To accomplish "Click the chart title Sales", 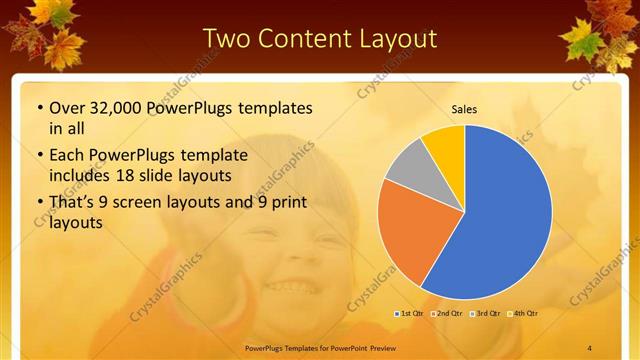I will tap(464, 108).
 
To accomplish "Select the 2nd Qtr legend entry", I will tap(448, 313).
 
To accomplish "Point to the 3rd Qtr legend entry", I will tap(485, 313).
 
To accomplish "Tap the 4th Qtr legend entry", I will tap(523, 313).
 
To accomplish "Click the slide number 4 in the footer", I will tap(589, 346).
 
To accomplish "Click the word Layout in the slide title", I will tap(399, 39).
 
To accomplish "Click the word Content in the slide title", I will tap(308, 39).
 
